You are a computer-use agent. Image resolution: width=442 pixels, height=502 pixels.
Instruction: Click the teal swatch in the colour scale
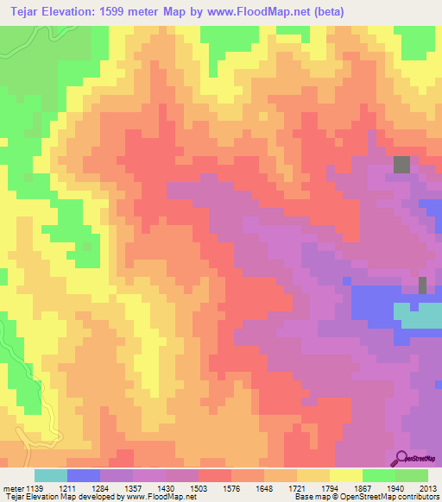coord(51,475)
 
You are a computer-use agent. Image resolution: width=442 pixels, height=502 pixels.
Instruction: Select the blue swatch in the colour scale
coord(84,475)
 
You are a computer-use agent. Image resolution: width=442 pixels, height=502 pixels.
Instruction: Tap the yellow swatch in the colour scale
coord(346,475)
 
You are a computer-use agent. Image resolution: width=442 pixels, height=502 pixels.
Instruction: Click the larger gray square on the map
coord(402,164)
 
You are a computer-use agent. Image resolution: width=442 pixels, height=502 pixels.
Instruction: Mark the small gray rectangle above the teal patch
coord(422,285)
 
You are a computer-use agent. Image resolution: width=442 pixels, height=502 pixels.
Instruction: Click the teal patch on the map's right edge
coord(418,315)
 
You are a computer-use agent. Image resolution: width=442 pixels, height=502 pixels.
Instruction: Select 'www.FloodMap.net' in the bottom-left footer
coord(161,498)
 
